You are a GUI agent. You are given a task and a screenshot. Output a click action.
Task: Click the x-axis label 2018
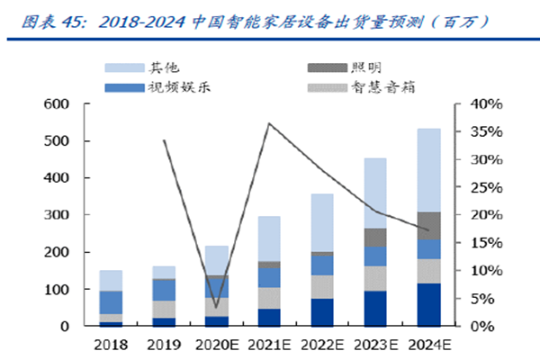112,345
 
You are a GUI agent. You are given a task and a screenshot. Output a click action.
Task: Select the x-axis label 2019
163,345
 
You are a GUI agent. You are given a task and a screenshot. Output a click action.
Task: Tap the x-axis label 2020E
215,345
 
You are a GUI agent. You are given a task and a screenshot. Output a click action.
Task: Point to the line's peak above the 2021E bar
269,123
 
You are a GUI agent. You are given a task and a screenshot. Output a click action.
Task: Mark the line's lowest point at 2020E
216,307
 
